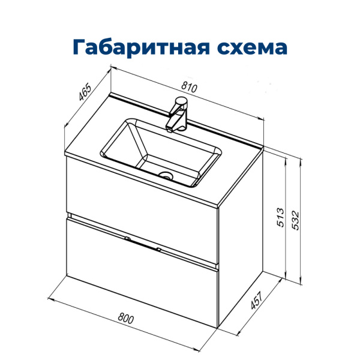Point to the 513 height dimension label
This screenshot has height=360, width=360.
278,218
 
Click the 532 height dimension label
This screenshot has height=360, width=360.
295,220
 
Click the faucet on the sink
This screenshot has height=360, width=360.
178,114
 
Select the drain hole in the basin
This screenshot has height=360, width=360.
166,176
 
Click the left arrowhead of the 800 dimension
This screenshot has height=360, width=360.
49,296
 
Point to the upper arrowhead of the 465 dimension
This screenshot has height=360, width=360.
110,70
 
